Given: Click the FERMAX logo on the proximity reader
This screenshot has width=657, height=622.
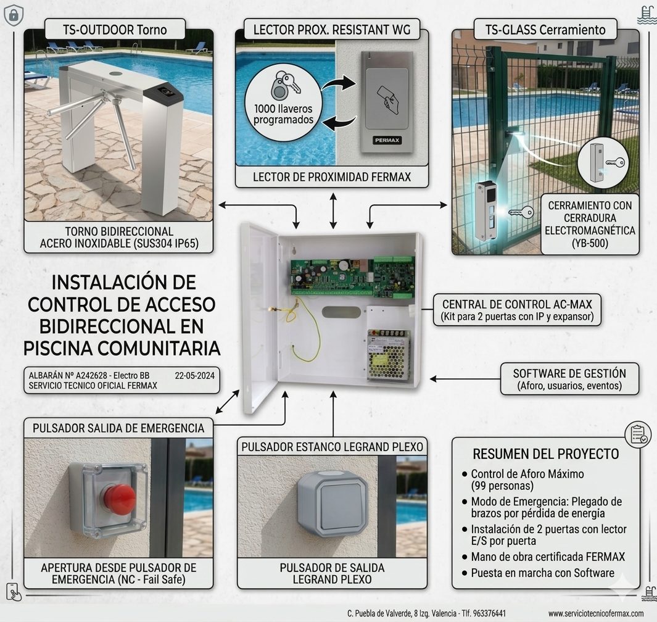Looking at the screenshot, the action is pos(387,140).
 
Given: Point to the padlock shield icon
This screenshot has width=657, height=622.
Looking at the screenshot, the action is pos(14,15).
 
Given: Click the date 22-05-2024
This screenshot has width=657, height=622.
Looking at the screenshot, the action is pos(194,376).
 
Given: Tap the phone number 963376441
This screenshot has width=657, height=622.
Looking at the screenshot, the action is pos(489,613).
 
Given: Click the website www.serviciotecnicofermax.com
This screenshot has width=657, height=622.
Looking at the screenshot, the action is pos(596,613).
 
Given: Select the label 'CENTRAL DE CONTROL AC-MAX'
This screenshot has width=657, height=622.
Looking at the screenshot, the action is pos(517,304).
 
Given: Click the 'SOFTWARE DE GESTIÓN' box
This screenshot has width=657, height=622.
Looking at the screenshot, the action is pos(569,379).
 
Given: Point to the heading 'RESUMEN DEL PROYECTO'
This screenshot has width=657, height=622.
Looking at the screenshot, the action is pos(545,454).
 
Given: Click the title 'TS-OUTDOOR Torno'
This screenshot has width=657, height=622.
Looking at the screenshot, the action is pos(115,30).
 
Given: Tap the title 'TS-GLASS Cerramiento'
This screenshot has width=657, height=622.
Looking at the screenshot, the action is pos(545,30).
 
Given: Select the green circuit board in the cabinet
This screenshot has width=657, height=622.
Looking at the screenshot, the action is pos(353,276).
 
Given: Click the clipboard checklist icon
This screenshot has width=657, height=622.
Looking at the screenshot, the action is pos(638,434).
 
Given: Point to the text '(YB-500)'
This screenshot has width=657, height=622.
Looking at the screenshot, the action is pos(590,243).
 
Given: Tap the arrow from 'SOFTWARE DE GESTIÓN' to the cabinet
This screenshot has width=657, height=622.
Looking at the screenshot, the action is pos(465,379).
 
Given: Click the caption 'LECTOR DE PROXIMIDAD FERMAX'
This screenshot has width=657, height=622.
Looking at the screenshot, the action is pos(332,177).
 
